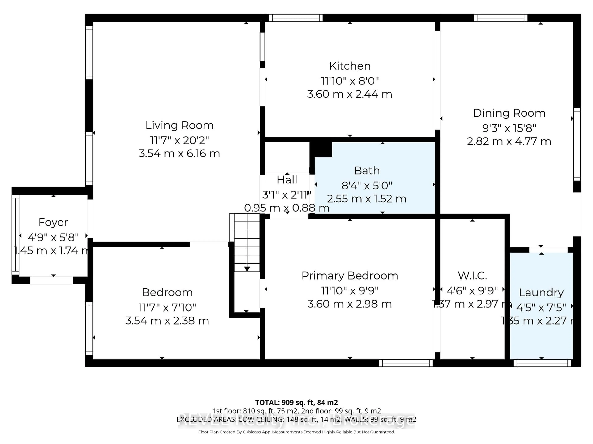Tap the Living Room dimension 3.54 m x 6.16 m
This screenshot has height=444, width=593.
click(x=179, y=154)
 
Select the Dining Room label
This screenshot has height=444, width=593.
click(x=509, y=113)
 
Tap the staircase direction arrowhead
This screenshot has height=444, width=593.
click(x=247, y=269)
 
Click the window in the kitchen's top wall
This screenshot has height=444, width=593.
click(x=296, y=18)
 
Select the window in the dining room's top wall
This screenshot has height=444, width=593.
click(x=500, y=18)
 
